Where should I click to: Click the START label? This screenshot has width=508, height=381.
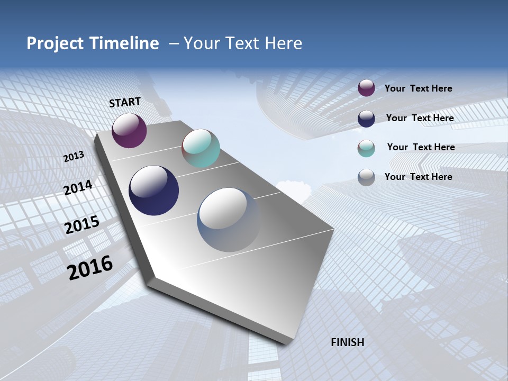125,102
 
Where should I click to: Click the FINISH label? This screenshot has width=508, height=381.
347,342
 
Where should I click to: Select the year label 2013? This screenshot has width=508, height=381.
74,157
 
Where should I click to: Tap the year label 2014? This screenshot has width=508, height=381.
78,188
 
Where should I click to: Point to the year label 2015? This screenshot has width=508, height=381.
82,225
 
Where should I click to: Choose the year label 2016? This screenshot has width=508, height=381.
90,268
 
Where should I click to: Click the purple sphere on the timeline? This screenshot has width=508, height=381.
129,131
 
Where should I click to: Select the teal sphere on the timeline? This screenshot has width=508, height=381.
201,148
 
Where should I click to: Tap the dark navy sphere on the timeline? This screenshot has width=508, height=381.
153,190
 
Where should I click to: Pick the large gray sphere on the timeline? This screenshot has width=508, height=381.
229,220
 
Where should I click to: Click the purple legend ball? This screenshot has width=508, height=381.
366,88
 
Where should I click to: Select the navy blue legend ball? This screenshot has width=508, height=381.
366,119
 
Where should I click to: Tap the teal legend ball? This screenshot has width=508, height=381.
366,148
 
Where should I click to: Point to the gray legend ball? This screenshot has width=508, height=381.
366,177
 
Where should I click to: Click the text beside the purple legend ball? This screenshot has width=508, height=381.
418,88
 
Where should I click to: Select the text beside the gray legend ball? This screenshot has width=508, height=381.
418,177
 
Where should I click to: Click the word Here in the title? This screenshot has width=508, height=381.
283,43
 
